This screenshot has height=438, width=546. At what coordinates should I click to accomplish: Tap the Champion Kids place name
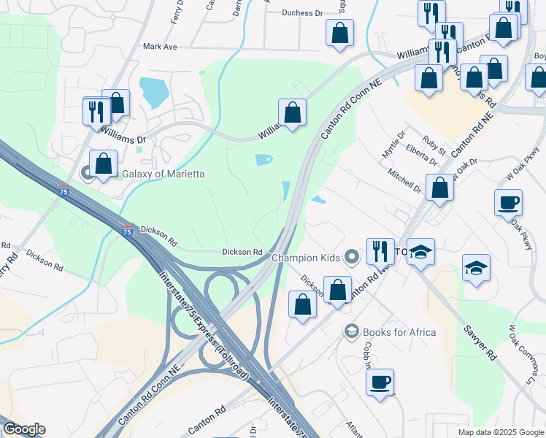tap(305, 257)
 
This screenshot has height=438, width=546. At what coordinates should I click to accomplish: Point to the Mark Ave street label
tap(161, 47)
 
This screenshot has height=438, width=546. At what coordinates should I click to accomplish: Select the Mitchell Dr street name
tap(404, 182)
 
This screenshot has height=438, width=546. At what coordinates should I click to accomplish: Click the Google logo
tap(23, 429)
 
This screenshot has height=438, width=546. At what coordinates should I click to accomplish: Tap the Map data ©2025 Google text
tap(500, 432)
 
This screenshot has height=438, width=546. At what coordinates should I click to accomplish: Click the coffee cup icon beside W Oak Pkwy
tap(508, 202)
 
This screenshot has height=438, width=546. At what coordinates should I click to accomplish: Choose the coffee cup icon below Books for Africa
tap(380, 382)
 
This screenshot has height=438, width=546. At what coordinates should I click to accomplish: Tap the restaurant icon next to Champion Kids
tap(379, 251)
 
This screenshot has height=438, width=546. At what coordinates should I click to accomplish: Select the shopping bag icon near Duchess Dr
tap(339, 32)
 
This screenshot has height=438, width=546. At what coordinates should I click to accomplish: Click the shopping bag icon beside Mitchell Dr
tap(439, 187)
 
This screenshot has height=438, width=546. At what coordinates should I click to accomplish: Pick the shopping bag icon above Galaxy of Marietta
tap(115, 102)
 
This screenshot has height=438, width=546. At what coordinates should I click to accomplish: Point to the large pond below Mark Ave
tap(154, 91)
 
